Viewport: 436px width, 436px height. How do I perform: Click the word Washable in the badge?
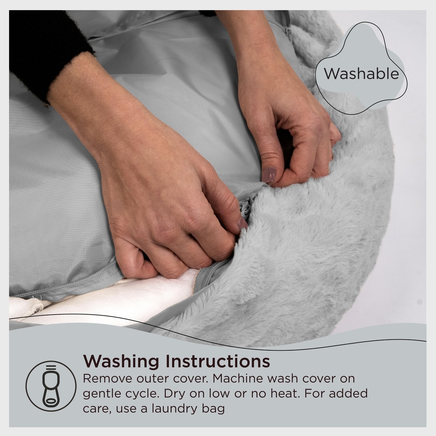(x=361, y=74)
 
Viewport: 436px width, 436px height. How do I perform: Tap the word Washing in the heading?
(x=121, y=362)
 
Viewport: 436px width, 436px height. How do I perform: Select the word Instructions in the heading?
(x=218, y=361)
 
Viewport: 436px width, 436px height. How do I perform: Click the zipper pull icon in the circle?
(x=51, y=386)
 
